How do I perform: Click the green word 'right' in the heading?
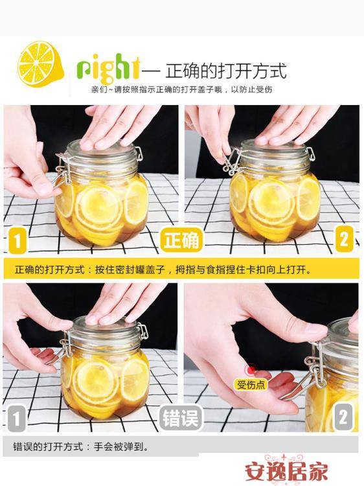tap(108, 68)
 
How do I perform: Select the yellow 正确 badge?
tap(182, 241)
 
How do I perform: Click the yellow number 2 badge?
tap(344, 240)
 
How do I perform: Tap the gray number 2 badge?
tap(343, 415)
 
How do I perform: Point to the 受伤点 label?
tap(251, 385)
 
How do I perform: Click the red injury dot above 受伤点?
tap(250, 371)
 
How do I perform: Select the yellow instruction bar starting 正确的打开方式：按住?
tap(181, 269)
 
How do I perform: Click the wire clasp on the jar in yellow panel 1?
tap(63, 170)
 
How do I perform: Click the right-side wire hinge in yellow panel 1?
tap(137, 154)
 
